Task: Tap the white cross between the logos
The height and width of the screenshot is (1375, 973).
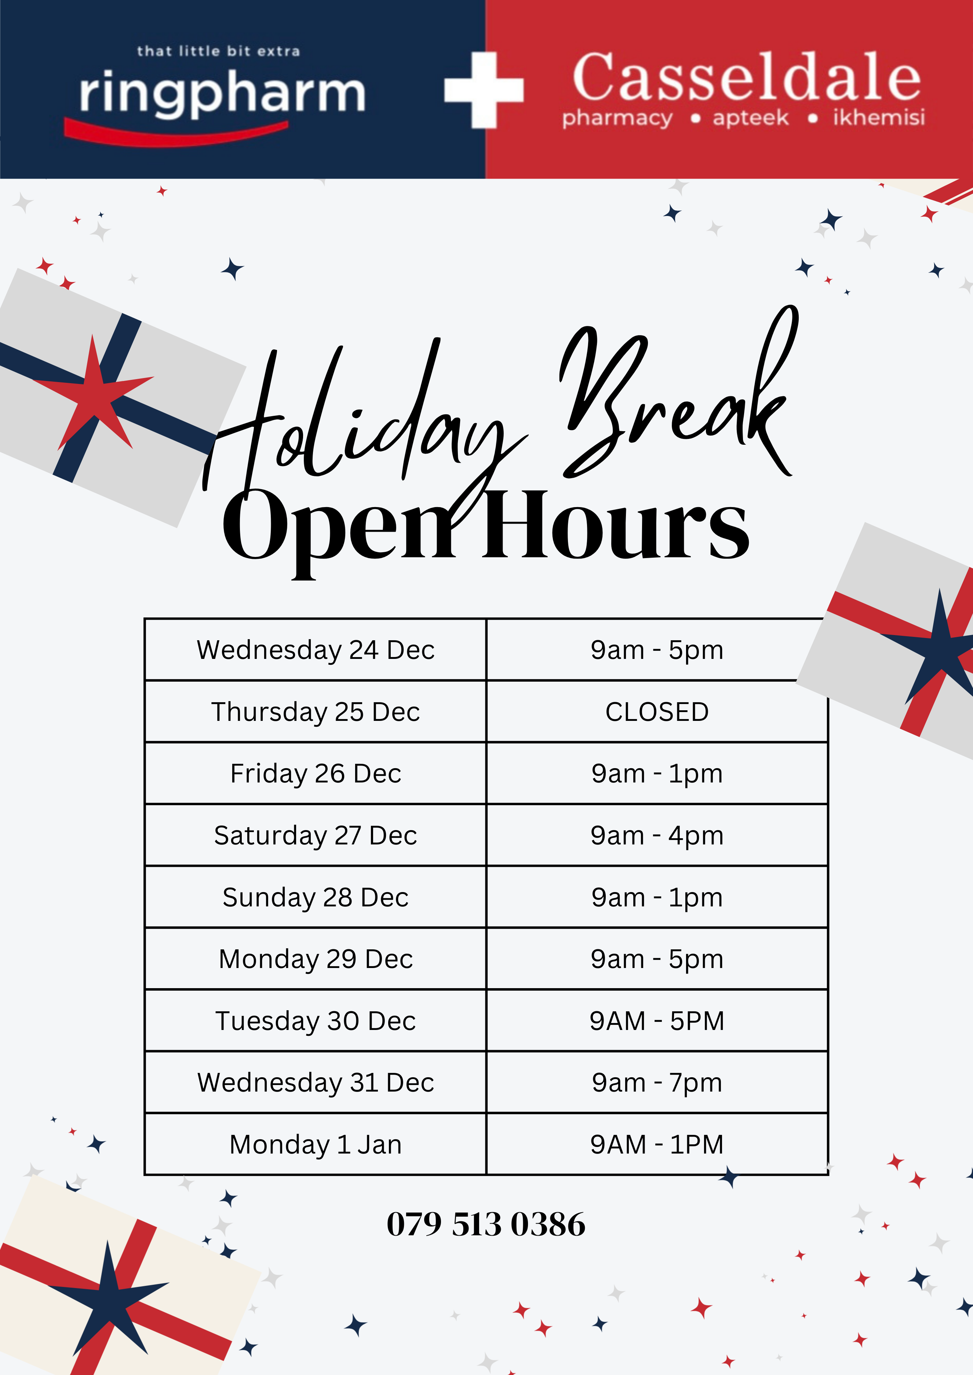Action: click(x=484, y=90)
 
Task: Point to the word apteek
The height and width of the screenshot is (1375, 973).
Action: click(x=751, y=118)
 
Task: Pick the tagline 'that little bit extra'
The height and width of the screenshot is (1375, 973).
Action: click(x=218, y=51)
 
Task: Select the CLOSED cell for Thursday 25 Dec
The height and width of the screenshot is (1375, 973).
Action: click(x=657, y=711)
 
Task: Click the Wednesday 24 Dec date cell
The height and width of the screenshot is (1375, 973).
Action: click(x=315, y=650)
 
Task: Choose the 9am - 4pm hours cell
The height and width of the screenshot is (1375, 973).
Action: click(x=657, y=835)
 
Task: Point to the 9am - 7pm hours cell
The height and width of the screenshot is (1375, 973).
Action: click(x=657, y=1082)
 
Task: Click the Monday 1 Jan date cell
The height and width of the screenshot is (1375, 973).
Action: click(x=315, y=1144)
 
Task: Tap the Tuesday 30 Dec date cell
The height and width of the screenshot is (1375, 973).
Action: click(x=315, y=1020)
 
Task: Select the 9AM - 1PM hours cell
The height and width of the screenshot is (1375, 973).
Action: click(x=657, y=1144)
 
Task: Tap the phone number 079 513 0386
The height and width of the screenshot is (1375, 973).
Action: click(x=486, y=1224)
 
